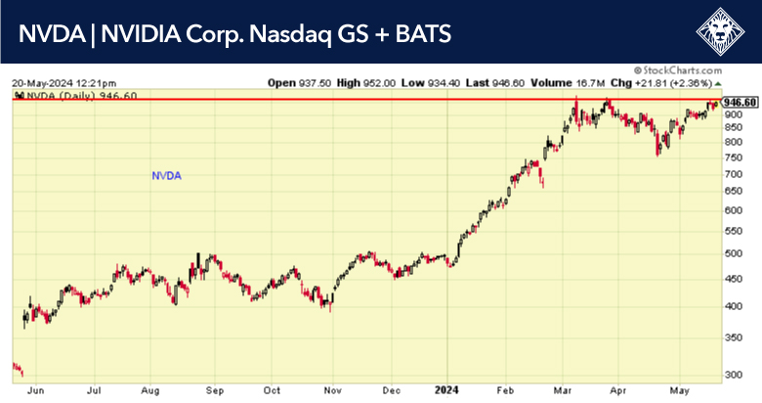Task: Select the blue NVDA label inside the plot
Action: click(167, 176)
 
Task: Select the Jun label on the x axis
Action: click(37, 389)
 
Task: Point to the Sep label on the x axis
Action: click(216, 389)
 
